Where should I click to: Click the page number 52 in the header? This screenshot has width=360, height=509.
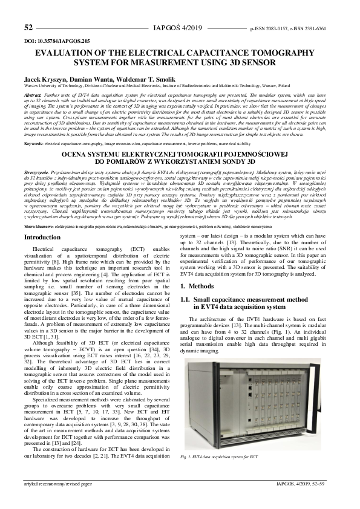point(28,28)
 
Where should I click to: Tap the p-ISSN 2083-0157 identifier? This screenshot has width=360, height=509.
point(269,28)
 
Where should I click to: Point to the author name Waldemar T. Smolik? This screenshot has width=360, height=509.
point(121,79)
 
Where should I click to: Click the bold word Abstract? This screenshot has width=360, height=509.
point(33,96)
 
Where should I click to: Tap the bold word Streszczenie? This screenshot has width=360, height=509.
point(37,172)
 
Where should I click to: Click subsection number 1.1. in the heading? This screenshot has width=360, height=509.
point(190,299)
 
